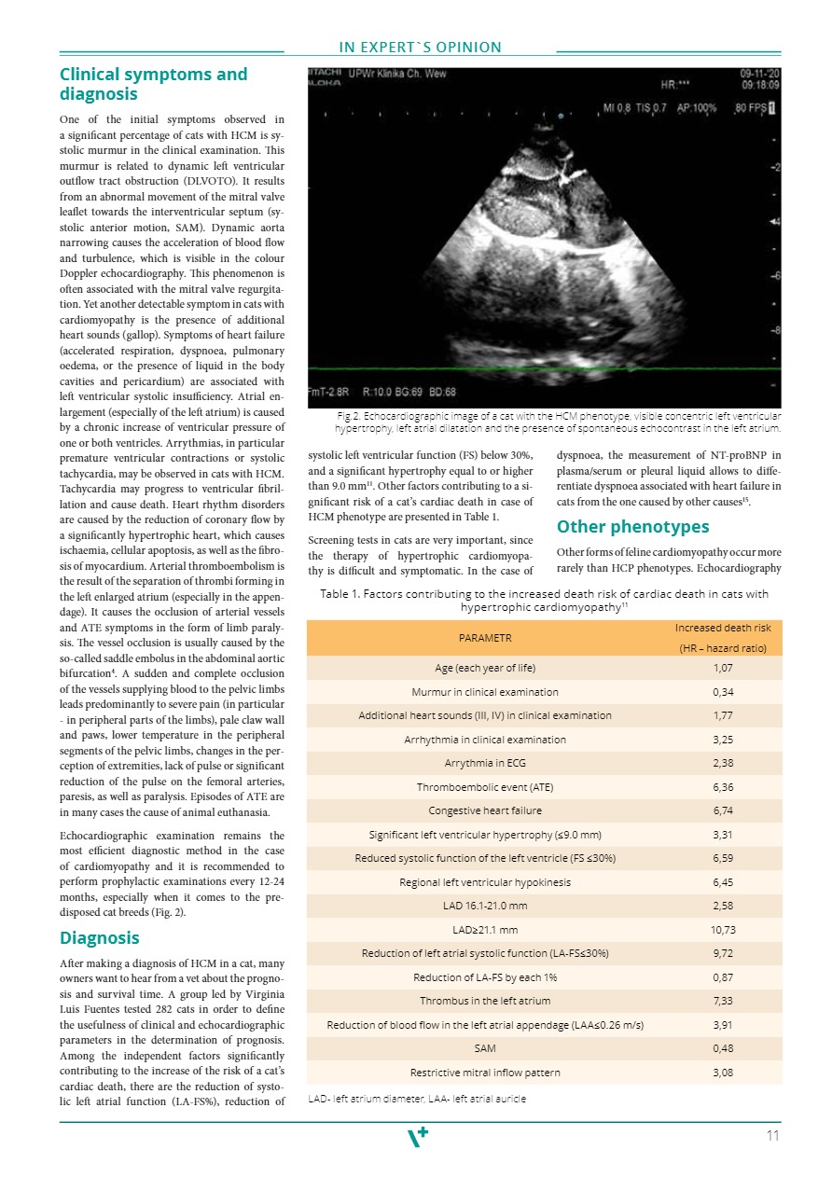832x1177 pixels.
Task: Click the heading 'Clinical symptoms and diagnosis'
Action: (154, 84)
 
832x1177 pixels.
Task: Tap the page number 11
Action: (772, 1136)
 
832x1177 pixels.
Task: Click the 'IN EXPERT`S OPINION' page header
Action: (420, 48)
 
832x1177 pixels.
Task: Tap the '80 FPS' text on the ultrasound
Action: (749, 108)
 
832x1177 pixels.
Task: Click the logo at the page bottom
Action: (420, 1138)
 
